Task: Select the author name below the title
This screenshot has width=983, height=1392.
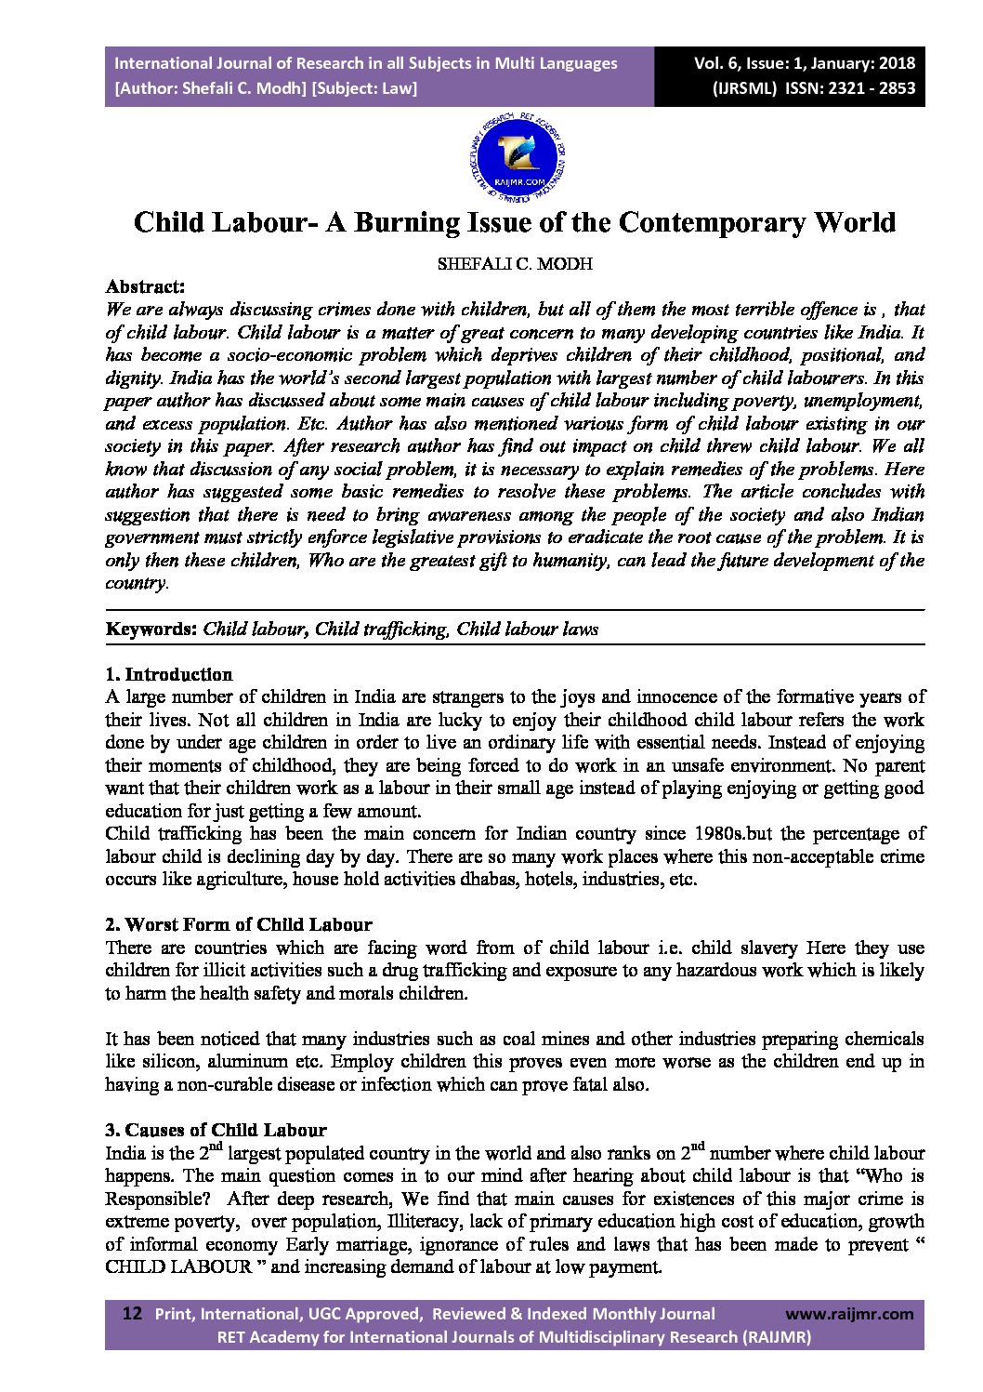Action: (x=515, y=263)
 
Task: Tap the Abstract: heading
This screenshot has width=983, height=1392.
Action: (x=145, y=286)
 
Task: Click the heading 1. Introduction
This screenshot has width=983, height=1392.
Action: (x=169, y=674)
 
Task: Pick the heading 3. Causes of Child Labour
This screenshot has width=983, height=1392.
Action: (x=216, y=1131)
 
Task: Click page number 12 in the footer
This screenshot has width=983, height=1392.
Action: (x=132, y=1314)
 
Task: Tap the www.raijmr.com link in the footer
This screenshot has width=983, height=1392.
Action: (x=849, y=1314)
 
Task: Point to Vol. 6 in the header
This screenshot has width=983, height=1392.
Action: (x=717, y=63)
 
